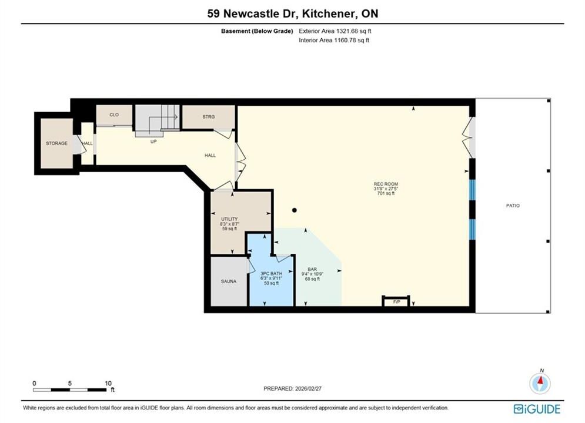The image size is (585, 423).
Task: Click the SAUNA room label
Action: pos(228,281)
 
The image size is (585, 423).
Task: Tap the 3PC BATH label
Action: pos(271,274)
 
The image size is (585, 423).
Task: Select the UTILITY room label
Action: pos(229,219)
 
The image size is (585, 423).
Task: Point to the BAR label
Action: pos(312,269)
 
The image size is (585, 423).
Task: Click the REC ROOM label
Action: pos(386,184)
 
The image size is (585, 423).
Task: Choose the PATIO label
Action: pos(513,206)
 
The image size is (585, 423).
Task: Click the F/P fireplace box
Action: pos(396,301)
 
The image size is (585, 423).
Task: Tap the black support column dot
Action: pos(295,210)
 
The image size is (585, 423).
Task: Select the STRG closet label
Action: pos(209,117)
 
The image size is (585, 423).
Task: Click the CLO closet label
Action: pos(114,115)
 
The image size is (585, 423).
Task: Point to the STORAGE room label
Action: pos(56,143)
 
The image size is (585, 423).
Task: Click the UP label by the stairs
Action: pos(153,142)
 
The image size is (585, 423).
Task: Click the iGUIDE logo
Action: pos(537,409)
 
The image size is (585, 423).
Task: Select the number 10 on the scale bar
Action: pos(108,383)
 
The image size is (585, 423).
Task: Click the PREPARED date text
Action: pos(293,388)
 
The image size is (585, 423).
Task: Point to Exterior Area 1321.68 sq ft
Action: pos(335,31)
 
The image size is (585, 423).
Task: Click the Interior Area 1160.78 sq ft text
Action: pos(334,41)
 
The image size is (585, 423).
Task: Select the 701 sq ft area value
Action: pos(386,193)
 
